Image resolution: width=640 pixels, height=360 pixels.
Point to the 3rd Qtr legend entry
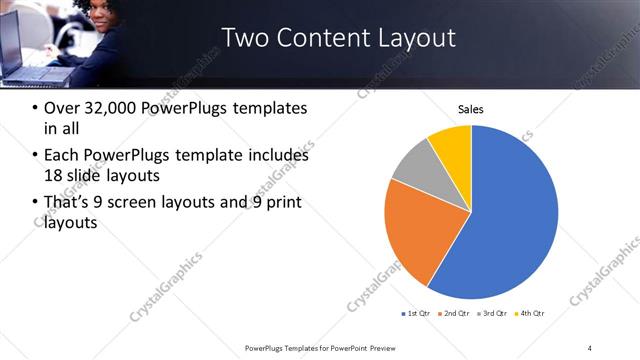point(492,314)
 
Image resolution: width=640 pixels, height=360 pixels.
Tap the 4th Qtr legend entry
point(529,314)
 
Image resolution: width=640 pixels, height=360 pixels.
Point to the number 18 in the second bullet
point(54,176)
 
